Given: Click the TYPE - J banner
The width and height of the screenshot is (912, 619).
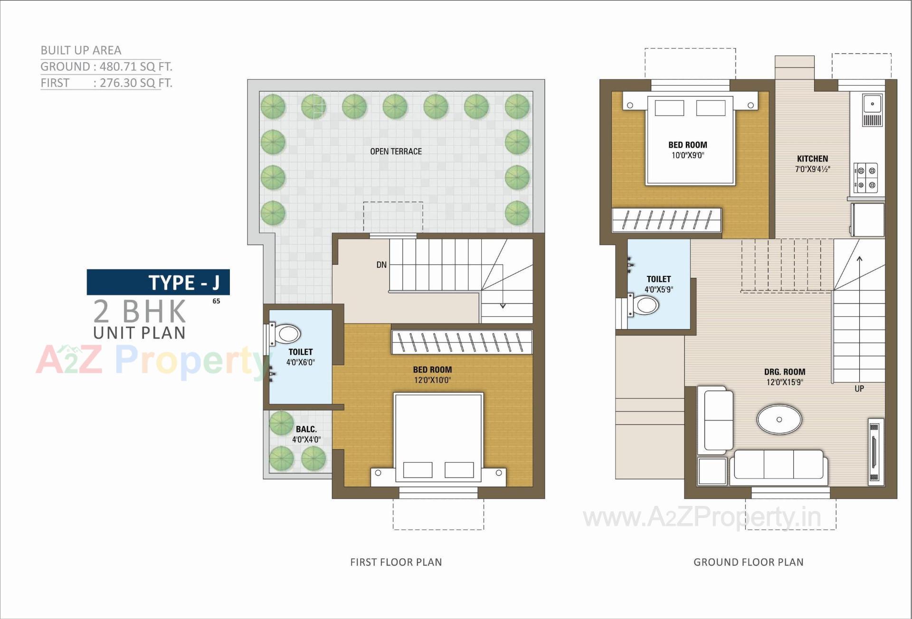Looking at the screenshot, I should click(x=158, y=282).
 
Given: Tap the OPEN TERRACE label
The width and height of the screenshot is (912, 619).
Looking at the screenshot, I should click(x=396, y=152).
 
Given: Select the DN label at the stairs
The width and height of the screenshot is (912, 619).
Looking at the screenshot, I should click(x=381, y=265).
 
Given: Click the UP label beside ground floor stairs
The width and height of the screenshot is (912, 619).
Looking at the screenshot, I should click(x=859, y=389).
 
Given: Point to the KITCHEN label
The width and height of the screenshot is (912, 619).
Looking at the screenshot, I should click(x=812, y=159).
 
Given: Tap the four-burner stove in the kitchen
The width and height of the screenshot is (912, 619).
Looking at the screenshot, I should click(x=866, y=178).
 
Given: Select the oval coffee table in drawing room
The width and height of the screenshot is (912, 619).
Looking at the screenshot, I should click(x=779, y=419).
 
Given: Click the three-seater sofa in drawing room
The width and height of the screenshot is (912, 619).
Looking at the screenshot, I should click(x=779, y=466).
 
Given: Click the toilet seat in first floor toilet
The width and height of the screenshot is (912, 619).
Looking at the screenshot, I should click(x=286, y=334).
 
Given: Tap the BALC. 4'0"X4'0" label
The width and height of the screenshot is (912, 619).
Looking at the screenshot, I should click(x=306, y=434).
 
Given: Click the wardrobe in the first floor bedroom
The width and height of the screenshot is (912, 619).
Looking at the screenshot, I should click(x=462, y=342).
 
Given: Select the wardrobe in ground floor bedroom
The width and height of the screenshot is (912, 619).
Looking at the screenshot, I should click(x=666, y=220).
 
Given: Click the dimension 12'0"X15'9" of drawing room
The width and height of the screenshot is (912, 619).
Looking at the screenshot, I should click(x=784, y=382).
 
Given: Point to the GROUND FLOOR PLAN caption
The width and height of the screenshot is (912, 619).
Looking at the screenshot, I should click(x=748, y=562).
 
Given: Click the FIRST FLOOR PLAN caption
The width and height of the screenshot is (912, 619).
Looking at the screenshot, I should click(x=396, y=562).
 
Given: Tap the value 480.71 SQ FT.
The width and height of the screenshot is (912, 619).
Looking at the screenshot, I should click(x=136, y=67).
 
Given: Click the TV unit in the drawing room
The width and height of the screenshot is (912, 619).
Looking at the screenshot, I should click(x=874, y=451).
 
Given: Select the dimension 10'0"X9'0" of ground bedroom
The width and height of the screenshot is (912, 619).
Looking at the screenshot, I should click(x=687, y=155).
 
